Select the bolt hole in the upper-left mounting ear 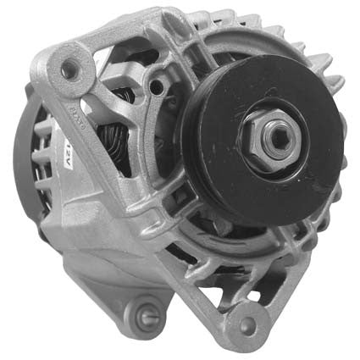coord(66,69)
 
